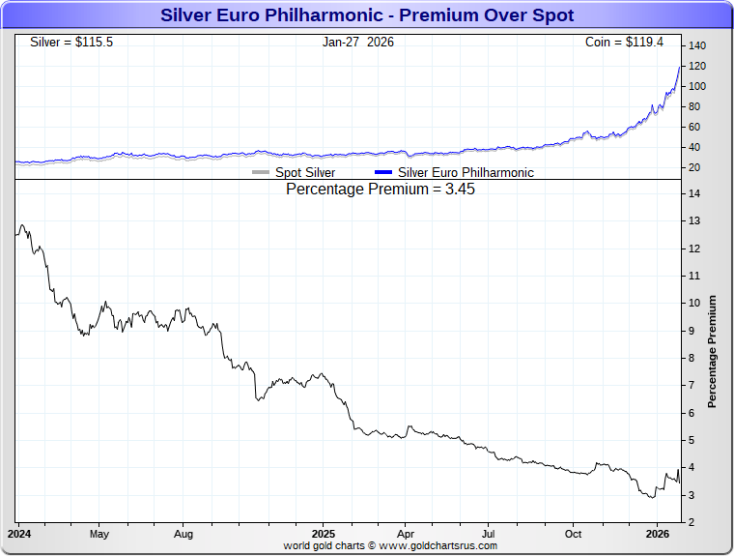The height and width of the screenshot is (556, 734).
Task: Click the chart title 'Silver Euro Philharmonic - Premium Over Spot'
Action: (x=367, y=15)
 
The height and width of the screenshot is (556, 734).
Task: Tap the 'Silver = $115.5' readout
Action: (x=71, y=43)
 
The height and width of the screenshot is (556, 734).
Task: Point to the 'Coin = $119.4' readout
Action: (x=631, y=43)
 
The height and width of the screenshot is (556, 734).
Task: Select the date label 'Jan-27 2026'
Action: (x=358, y=43)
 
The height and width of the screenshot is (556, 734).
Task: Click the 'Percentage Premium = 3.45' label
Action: (x=381, y=190)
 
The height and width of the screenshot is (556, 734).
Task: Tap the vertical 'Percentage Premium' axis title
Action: (x=713, y=351)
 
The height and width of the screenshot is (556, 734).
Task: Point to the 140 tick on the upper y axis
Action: (x=697, y=46)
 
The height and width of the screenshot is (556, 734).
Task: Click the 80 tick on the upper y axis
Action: (x=694, y=107)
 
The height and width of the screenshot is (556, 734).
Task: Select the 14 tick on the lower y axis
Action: (x=694, y=193)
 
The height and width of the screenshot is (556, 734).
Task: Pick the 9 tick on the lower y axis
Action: (x=692, y=331)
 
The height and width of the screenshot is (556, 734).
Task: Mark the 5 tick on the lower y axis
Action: (x=692, y=441)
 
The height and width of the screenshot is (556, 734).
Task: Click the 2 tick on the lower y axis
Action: (x=692, y=523)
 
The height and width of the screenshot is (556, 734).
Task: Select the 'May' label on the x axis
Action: (x=99, y=534)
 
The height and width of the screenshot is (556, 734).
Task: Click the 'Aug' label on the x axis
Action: (x=183, y=534)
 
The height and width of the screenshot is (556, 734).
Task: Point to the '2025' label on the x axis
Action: (x=324, y=534)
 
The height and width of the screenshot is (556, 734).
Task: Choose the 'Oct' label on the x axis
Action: (x=574, y=534)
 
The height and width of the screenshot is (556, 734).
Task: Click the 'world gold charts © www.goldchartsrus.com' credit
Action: (x=390, y=546)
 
